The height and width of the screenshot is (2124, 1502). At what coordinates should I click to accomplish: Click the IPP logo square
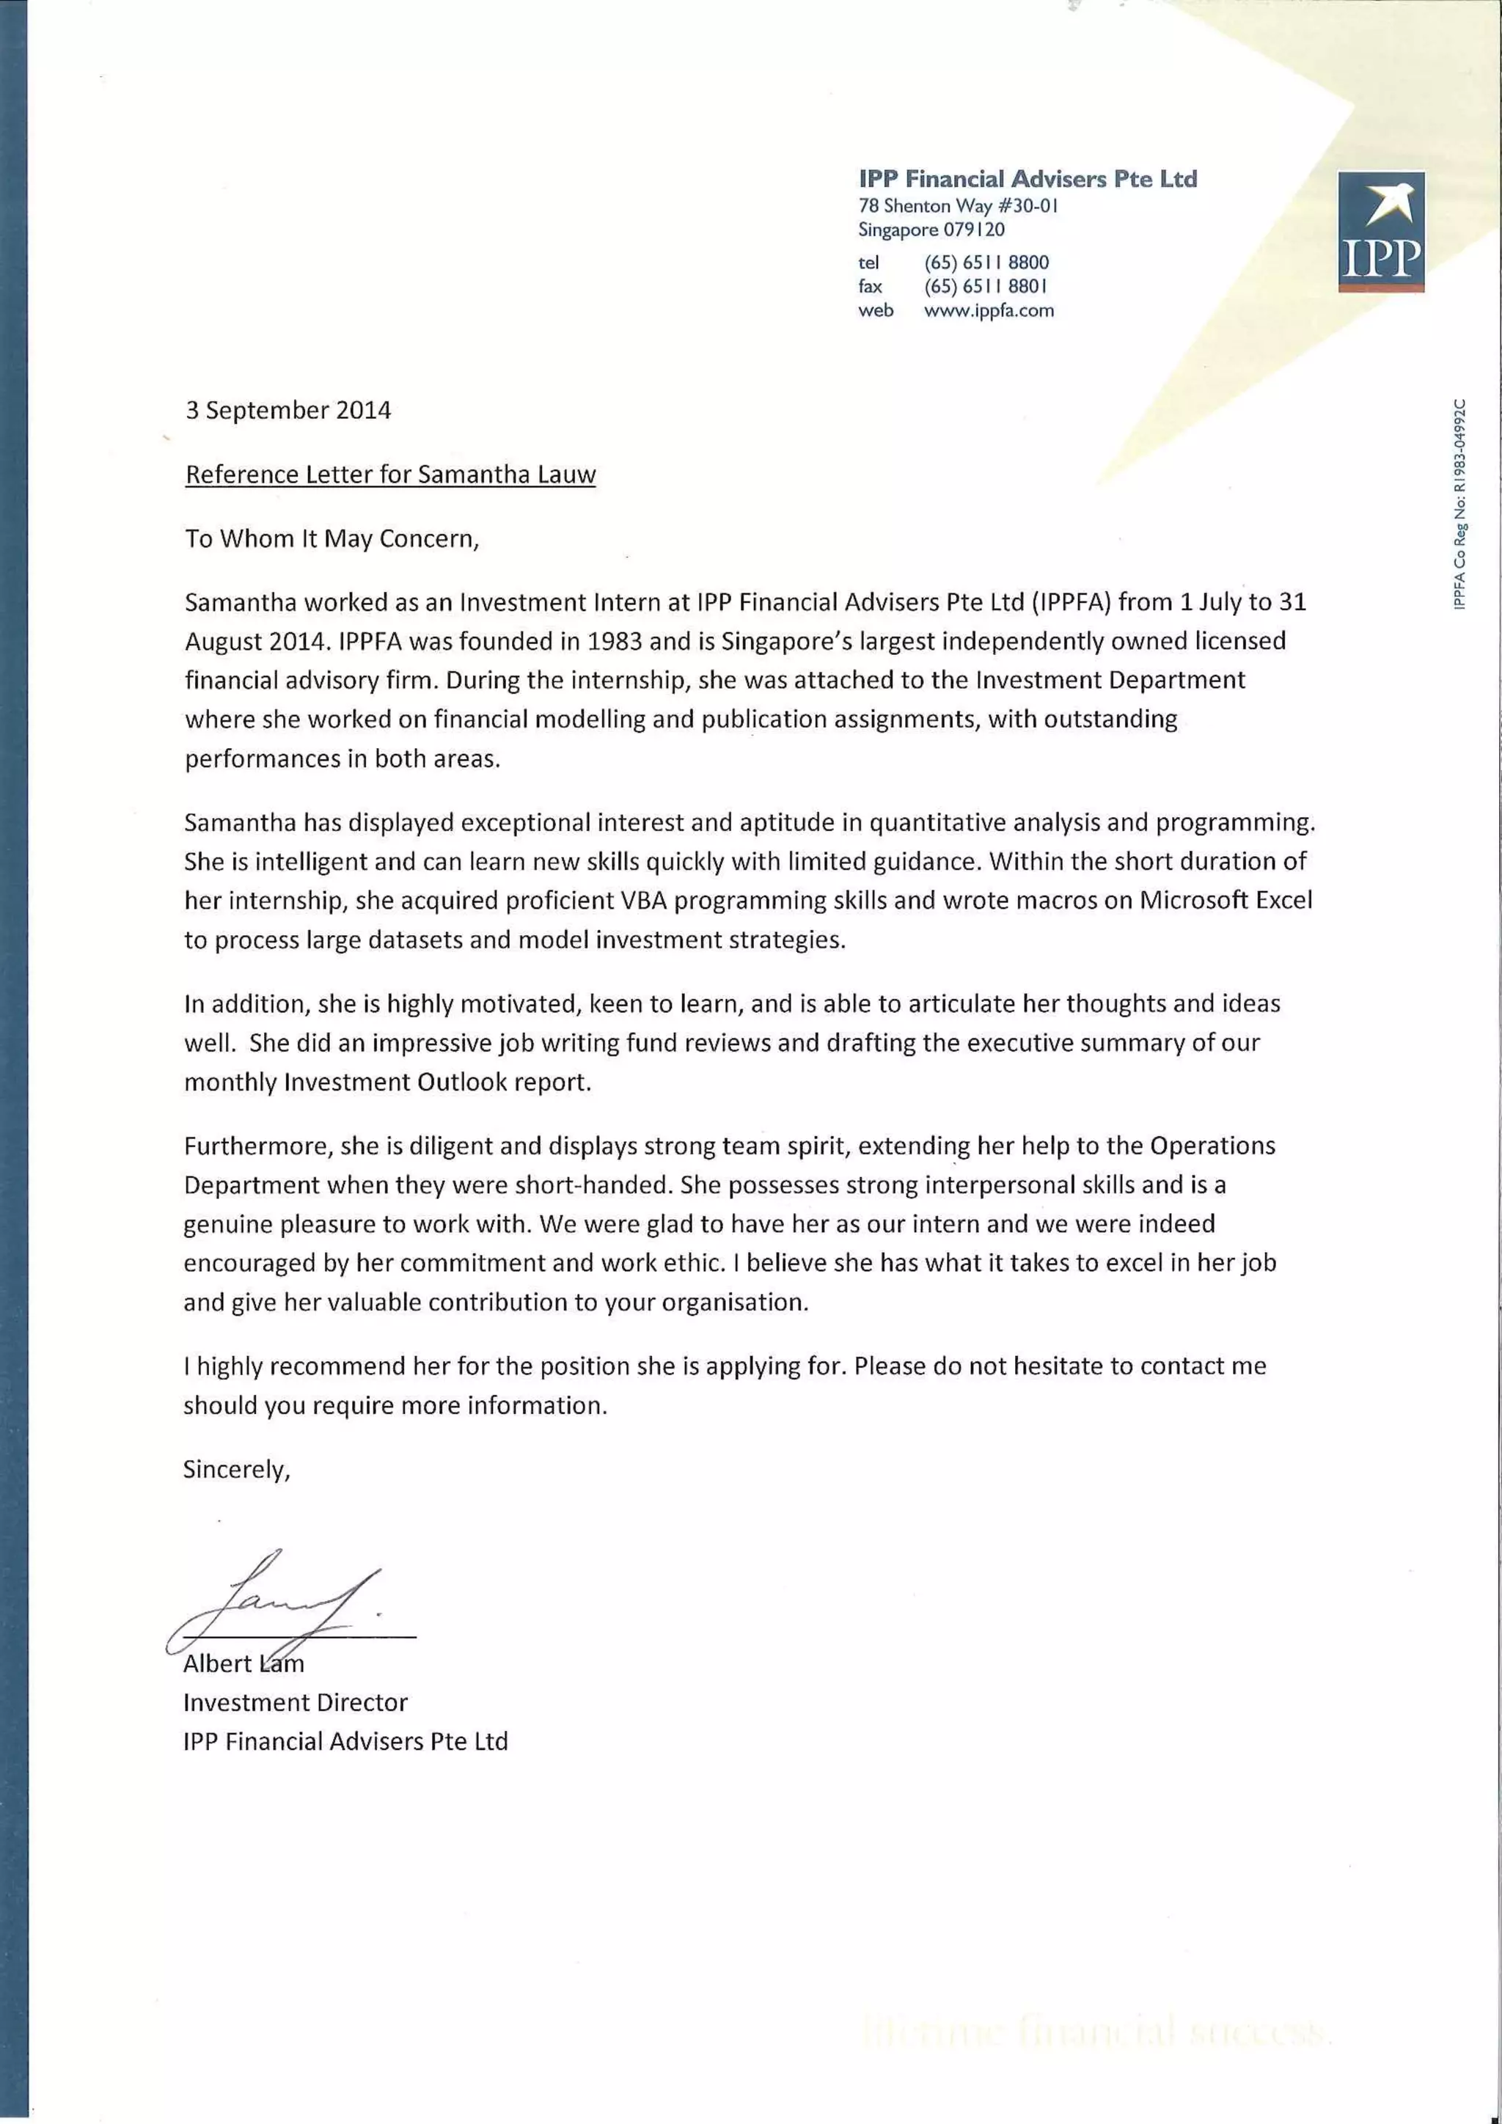pyautogui.click(x=1381, y=231)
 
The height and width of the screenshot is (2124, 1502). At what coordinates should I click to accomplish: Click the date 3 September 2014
pyautogui.click(x=287, y=410)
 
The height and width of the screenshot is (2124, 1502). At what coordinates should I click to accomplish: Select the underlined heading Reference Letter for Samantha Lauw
pyautogui.click(x=390, y=475)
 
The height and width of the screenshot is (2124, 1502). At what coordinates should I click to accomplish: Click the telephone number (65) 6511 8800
pyautogui.click(x=986, y=262)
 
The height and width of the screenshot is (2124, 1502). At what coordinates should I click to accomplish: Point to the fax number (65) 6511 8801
pyautogui.click(x=986, y=286)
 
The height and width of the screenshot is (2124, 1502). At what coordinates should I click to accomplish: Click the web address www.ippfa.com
pyautogui.click(x=989, y=311)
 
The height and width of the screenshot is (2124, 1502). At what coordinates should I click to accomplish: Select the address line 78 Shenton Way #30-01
pyautogui.click(x=957, y=205)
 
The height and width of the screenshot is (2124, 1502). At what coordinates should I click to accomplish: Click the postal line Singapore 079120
pyautogui.click(x=931, y=230)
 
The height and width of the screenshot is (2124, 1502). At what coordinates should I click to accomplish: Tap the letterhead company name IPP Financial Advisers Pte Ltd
pyautogui.click(x=1027, y=178)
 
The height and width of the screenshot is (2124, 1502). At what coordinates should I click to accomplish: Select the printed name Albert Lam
pyautogui.click(x=243, y=1664)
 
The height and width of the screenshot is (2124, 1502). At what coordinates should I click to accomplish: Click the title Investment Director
pyautogui.click(x=295, y=1702)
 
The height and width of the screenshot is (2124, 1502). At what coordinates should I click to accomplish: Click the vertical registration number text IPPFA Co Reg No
pyautogui.click(x=1459, y=504)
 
